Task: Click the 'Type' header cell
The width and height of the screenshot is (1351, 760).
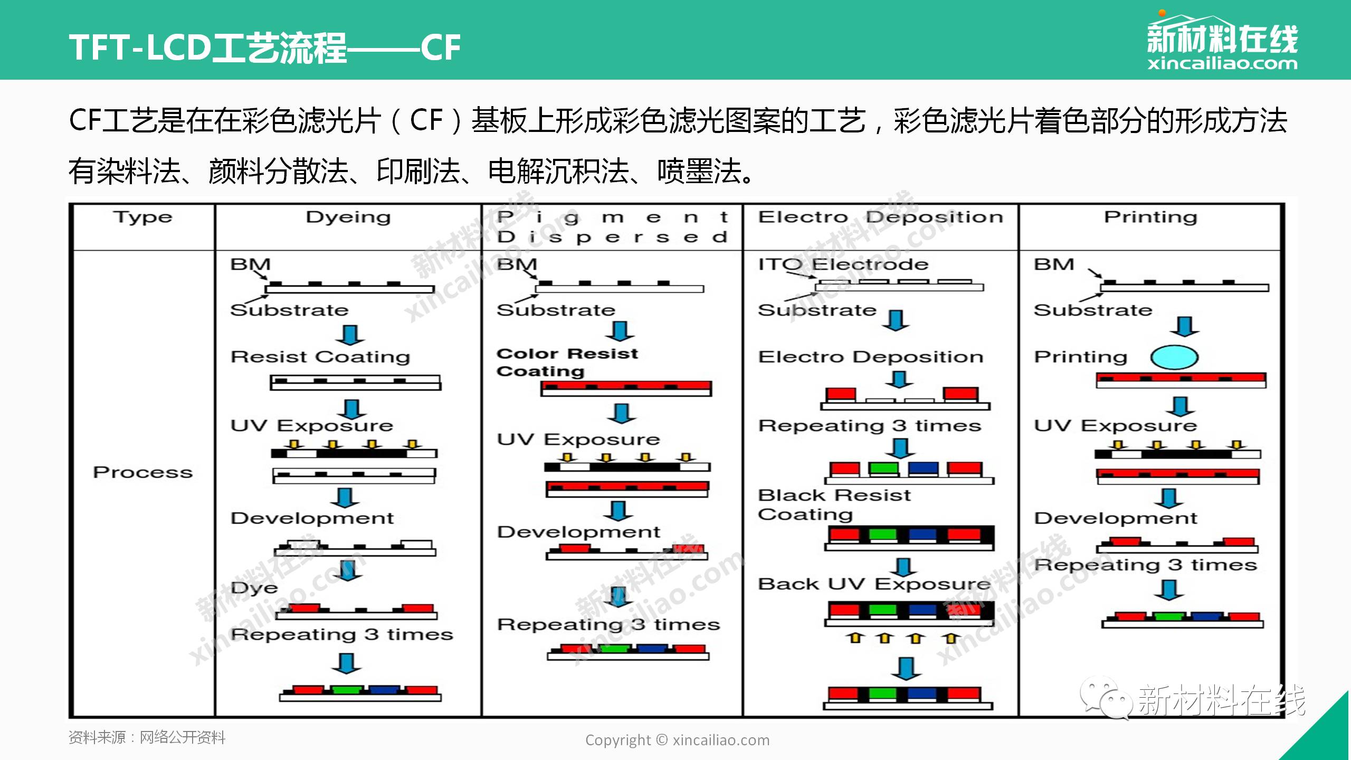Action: (x=142, y=217)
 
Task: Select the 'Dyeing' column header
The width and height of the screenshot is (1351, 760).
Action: (x=348, y=217)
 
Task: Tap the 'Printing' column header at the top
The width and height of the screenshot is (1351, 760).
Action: (x=1150, y=217)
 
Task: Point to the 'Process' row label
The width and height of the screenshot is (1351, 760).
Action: (x=142, y=472)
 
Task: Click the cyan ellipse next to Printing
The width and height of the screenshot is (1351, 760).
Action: (x=1174, y=357)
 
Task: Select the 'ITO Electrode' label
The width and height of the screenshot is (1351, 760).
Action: (x=843, y=264)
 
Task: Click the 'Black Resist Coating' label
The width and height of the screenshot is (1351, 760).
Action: (x=835, y=505)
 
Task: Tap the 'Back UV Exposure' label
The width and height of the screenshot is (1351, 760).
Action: (x=874, y=584)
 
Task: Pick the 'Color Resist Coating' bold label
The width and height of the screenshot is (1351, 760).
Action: (x=567, y=363)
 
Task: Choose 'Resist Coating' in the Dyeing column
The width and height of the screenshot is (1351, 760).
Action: (x=320, y=357)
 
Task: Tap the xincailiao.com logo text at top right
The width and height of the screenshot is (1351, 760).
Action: (x=1222, y=64)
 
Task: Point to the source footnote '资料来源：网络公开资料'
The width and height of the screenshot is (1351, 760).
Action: (x=147, y=737)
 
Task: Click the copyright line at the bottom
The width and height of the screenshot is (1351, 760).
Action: (x=677, y=740)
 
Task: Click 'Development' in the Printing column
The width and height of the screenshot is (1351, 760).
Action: (x=1116, y=518)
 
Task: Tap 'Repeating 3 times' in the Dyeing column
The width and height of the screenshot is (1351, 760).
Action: (x=342, y=634)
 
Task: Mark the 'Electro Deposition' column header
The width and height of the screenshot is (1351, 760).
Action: (x=881, y=217)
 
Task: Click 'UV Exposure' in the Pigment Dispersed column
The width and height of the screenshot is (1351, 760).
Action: (x=578, y=440)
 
